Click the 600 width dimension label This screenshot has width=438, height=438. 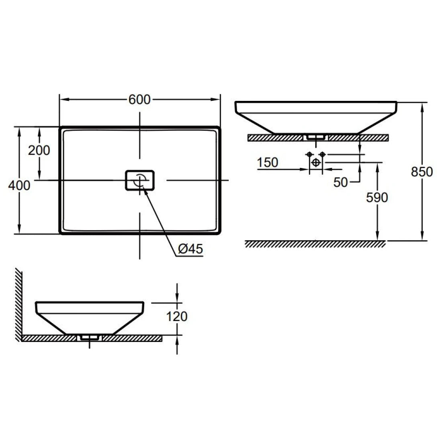[139, 99]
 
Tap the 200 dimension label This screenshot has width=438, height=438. [39, 150]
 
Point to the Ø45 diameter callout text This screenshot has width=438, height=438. [190, 249]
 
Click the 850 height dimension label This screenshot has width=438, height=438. [422, 172]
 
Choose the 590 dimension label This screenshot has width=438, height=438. [377, 197]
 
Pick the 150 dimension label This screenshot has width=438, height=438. [268, 162]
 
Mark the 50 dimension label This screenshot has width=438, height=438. [341, 182]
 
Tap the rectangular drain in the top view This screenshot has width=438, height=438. [140, 180]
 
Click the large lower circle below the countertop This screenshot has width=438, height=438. [316, 162]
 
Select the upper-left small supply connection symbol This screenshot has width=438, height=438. [309, 154]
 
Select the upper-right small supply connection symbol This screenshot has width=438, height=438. [322, 154]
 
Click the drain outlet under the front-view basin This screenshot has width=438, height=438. [316, 137]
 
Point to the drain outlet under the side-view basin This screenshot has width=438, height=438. [90, 338]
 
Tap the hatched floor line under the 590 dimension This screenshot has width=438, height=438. [315, 244]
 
